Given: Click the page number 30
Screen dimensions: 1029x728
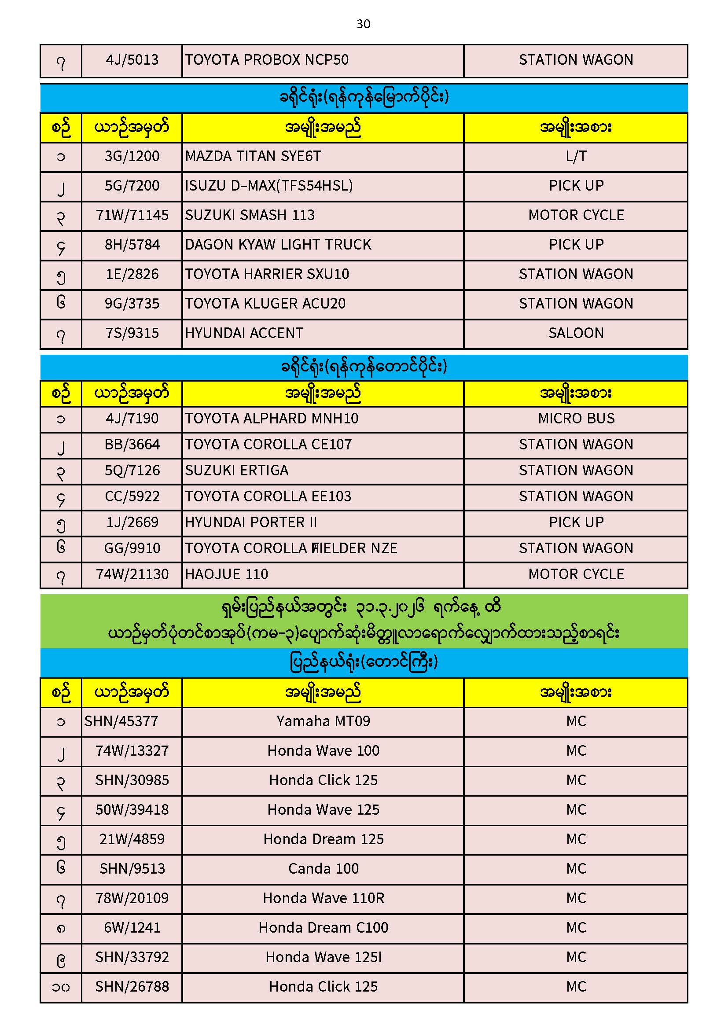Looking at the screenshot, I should [363, 24].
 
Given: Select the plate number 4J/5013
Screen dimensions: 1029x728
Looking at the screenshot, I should [132, 60].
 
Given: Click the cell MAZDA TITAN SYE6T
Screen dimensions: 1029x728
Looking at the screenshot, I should [253, 156].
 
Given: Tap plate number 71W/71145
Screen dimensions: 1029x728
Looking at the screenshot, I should [132, 215].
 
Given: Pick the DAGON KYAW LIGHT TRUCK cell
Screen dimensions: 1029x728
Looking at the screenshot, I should [278, 245].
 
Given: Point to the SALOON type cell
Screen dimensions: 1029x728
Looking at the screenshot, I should [576, 333].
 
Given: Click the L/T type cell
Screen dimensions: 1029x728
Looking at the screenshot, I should [576, 156].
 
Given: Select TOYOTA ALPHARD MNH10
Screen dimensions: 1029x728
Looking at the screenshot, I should [272, 419].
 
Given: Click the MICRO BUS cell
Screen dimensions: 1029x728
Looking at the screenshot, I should [576, 419].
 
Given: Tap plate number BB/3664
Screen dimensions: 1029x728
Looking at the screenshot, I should [132, 445].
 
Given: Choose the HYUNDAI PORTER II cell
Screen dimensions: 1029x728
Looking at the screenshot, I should [251, 522].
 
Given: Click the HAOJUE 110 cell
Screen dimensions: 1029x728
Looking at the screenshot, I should [227, 574].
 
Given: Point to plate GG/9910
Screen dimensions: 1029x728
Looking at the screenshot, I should [132, 548].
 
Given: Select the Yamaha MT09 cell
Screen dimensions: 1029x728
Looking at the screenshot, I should [323, 721].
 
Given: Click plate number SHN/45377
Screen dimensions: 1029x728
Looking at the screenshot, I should [121, 721].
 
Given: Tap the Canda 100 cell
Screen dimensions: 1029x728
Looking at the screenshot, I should [323, 869].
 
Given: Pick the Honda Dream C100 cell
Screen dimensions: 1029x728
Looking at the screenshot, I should [323, 928].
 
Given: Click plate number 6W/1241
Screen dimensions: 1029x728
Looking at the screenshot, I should [132, 928].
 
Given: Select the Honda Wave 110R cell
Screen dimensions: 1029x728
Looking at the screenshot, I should [323, 899].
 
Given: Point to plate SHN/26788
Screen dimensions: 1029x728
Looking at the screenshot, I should [132, 987].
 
